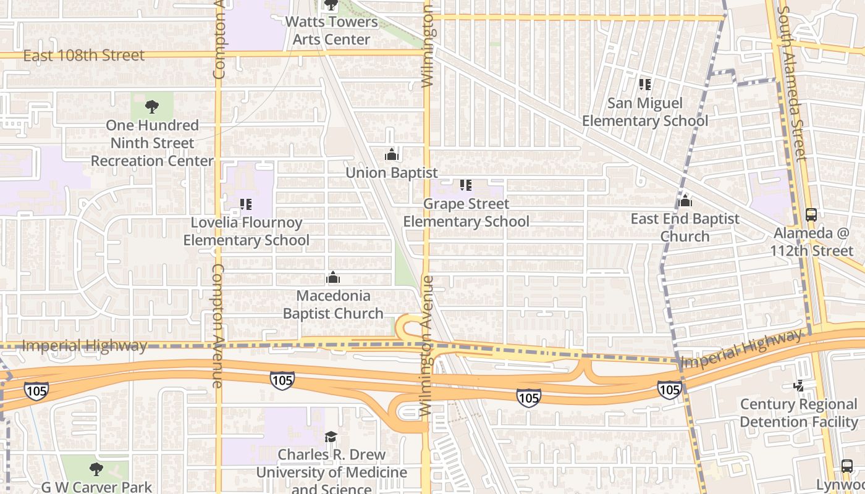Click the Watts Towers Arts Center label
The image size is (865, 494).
331,30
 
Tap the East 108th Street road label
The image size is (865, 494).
84,56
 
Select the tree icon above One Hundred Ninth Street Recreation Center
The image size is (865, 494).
151,107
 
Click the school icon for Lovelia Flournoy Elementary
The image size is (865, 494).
246,204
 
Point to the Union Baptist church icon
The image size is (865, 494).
392,154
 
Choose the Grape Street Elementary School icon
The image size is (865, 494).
466,185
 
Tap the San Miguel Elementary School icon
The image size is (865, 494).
645,85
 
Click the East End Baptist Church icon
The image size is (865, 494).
685,201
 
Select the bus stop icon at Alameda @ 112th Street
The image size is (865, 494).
811,215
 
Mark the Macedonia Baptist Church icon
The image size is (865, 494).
333,277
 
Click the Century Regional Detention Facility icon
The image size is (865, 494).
799,385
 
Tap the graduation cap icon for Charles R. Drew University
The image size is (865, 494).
331,437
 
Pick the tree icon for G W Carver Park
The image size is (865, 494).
96,469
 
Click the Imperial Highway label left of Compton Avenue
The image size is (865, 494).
85,346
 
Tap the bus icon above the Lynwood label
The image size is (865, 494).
847,466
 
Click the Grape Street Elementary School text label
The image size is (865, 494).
466,212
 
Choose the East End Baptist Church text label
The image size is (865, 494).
685,227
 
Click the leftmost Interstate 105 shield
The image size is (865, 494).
36,390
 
